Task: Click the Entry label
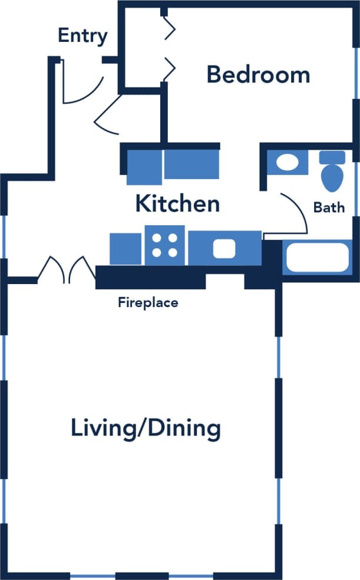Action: click(82, 36)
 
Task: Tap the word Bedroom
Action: click(258, 75)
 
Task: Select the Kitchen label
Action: click(177, 204)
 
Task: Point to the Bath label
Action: click(329, 207)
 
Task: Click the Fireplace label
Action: click(148, 304)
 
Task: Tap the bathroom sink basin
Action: click(288, 163)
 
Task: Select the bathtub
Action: click(316, 256)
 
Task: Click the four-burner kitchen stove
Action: click(164, 245)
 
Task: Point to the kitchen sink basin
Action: click(224, 249)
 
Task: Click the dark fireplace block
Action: click(150, 277)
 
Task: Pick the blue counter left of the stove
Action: click(125, 248)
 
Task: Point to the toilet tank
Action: click(332, 157)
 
